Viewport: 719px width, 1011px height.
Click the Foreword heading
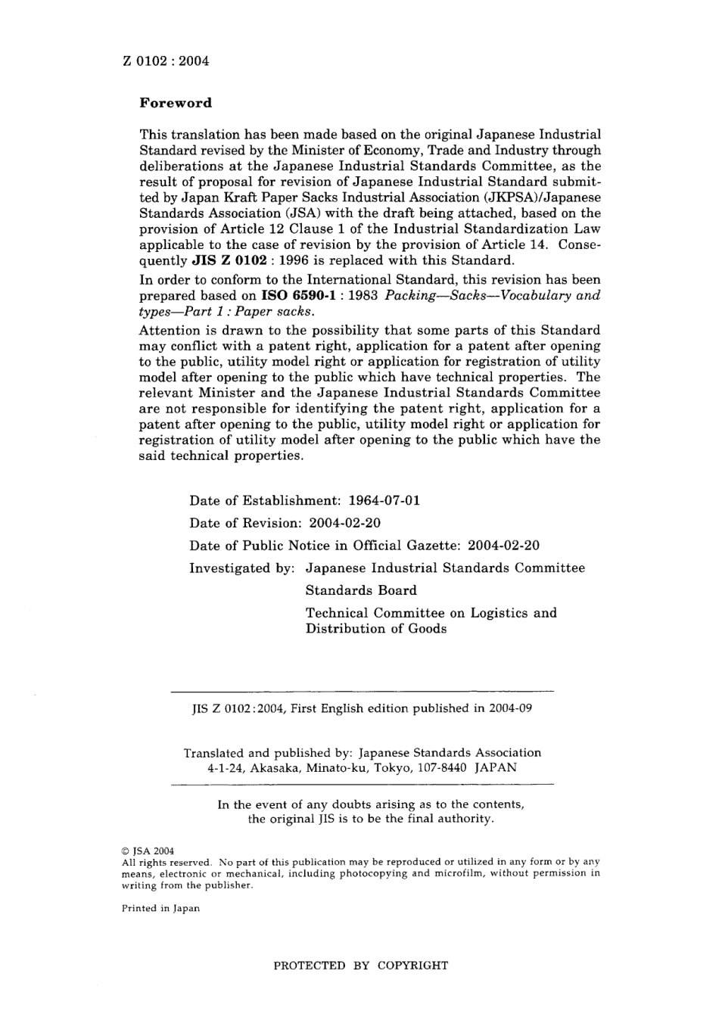[x=176, y=103]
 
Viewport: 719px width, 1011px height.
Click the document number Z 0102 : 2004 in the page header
[x=165, y=61]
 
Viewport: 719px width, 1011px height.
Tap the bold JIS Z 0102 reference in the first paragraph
[x=228, y=260]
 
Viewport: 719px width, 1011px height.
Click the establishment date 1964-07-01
[x=384, y=500]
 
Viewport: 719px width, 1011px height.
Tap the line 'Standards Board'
[x=360, y=590]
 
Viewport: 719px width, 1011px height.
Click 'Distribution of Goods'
[x=375, y=629]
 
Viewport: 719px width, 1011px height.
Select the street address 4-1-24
[x=225, y=767]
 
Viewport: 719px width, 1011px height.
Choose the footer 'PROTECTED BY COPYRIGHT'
[x=360, y=966]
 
